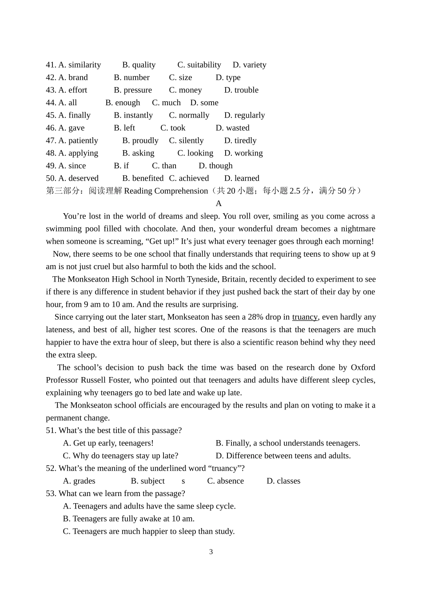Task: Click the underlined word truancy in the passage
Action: click(x=305, y=317)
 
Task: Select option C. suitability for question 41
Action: click(x=199, y=65)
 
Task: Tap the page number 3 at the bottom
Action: click(x=211, y=552)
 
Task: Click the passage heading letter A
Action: click(x=218, y=203)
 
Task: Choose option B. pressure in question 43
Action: click(x=133, y=90)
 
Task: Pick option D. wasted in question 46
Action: click(x=232, y=128)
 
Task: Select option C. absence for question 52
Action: click(x=225, y=481)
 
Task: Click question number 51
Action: click(x=51, y=431)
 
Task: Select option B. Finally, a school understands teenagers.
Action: click(x=288, y=443)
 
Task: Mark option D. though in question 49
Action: click(x=215, y=166)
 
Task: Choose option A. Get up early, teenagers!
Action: click(x=108, y=443)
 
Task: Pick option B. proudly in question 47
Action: click(x=140, y=141)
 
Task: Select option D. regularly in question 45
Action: click(x=244, y=115)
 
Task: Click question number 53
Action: click(x=51, y=494)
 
